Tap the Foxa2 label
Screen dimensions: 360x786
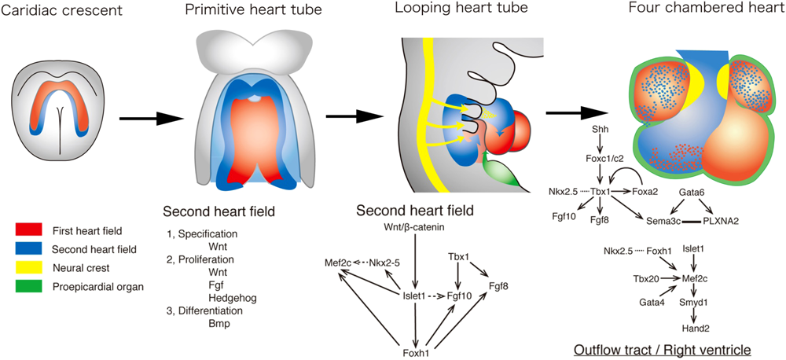647,190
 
